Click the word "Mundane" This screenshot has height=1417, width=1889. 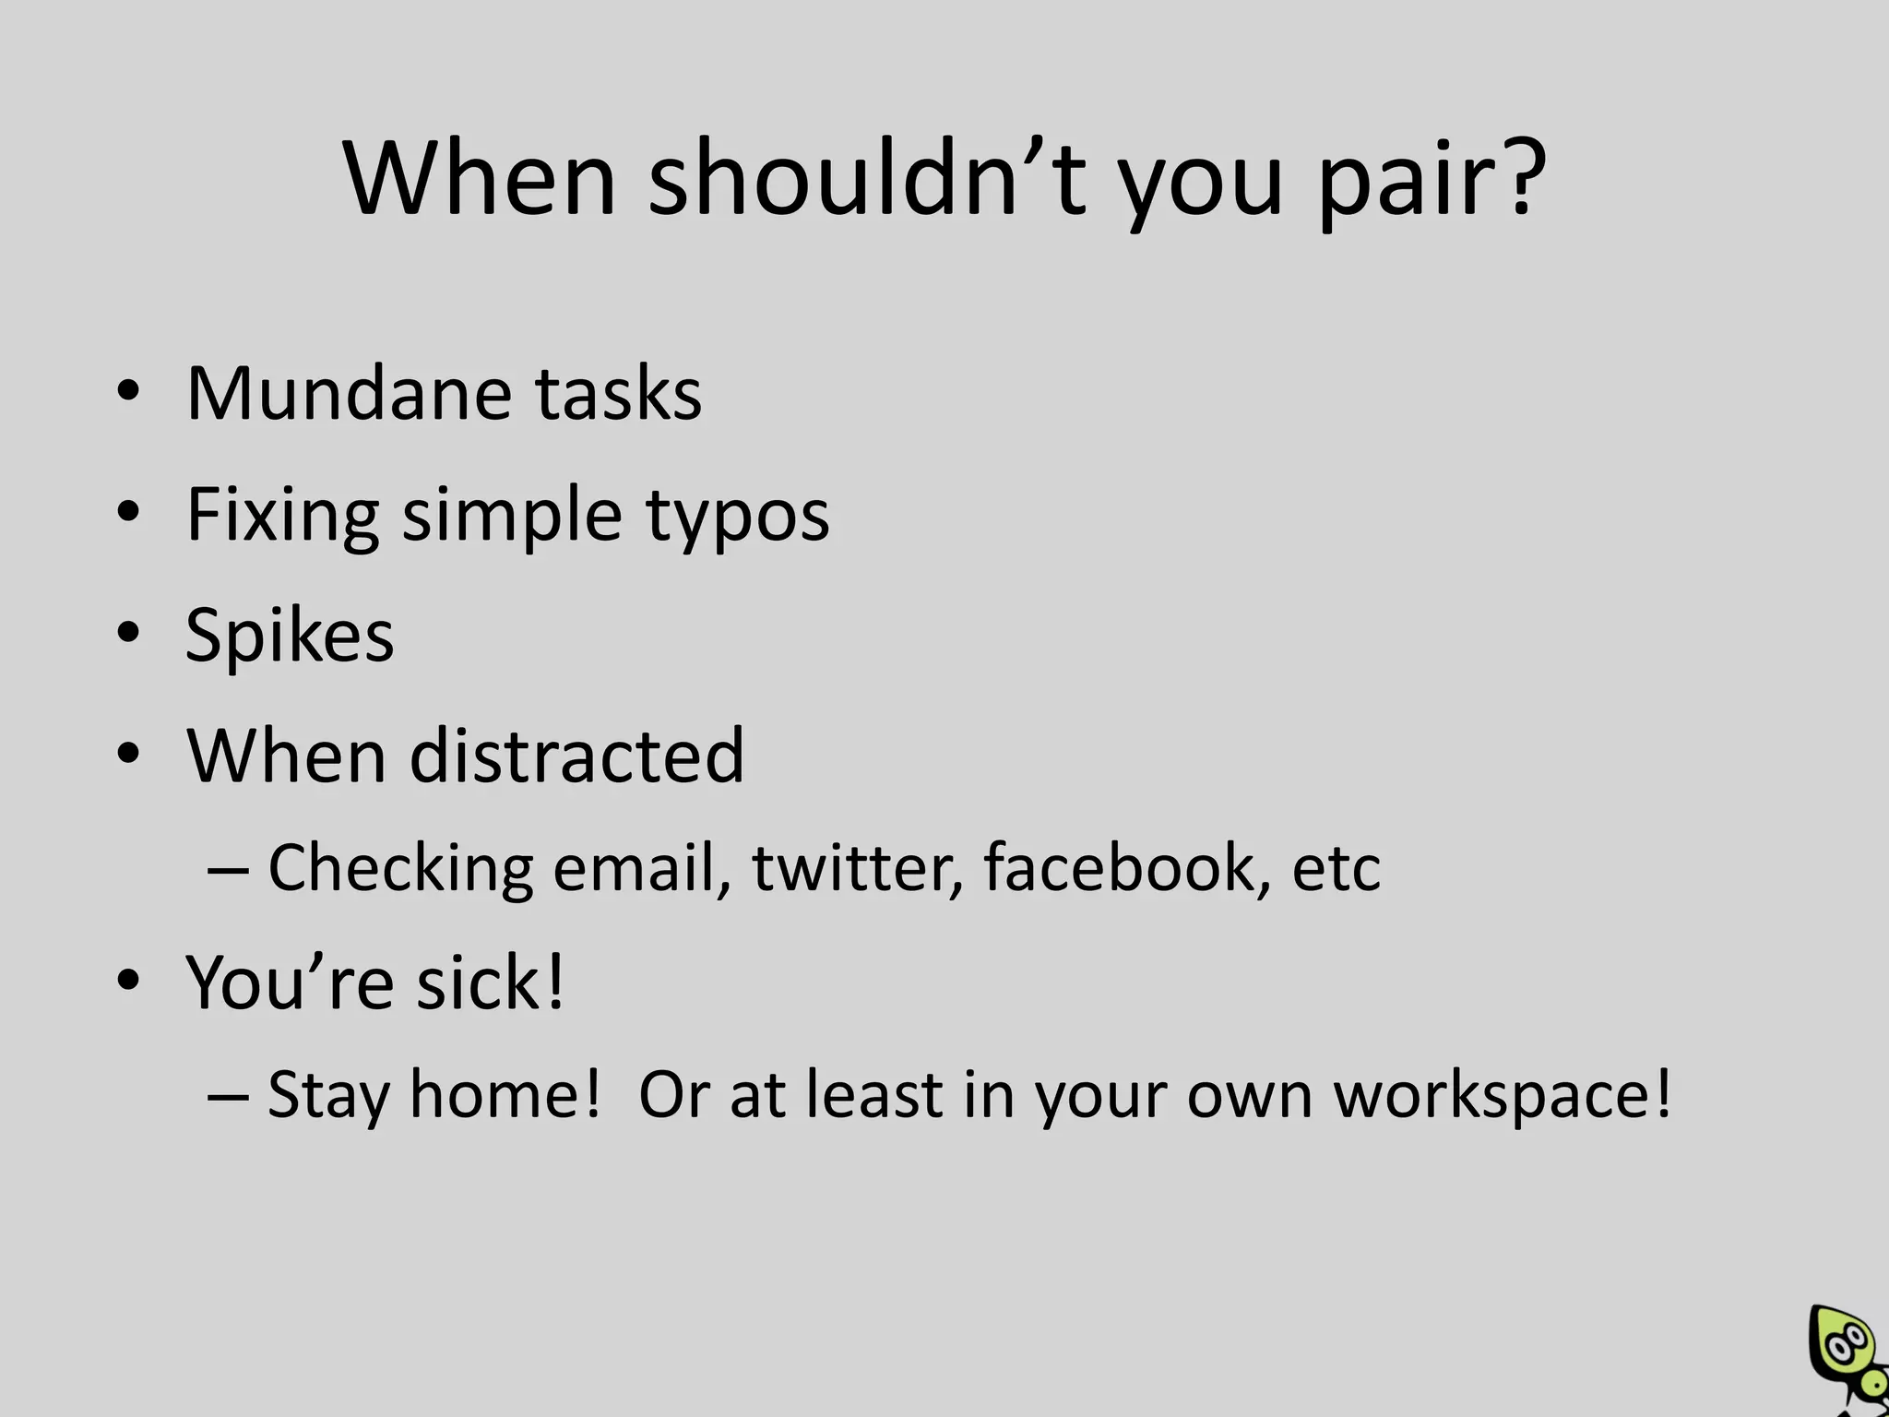pyautogui.click(x=350, y=394)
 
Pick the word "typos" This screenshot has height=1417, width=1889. pyautogui.click(x=737, y=517)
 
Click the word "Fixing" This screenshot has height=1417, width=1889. pyautogui.click(x=282, y=517)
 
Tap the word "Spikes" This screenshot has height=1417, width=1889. pyautogui.click(x=289, y=637)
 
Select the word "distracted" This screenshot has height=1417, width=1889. pyautogui.click(x=576, y=756)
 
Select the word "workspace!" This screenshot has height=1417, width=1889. pyautogui.click(x=1503, y=1096)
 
